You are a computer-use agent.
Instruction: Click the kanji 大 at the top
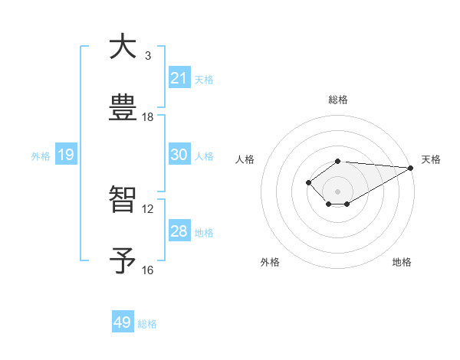pos(123,47)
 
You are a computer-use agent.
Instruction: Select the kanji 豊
pos(123,108)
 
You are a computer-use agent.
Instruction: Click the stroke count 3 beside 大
pos(147,56)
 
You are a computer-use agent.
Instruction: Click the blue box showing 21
pos(179,78)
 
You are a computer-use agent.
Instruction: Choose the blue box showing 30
pos(179,155)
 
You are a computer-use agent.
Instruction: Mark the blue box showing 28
pos(179,231)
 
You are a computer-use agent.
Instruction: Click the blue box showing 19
pos(66,155)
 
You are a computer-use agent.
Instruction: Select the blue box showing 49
pos(123,322)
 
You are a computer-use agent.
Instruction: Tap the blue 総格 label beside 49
pos(147,324)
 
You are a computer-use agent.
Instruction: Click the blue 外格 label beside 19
pos(41,156)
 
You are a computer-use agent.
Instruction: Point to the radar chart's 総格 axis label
pos(337,100)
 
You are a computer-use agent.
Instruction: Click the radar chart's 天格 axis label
pos(431,159)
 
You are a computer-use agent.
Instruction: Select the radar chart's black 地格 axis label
pos(402,263)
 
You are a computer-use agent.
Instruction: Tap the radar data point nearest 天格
pos(411,168)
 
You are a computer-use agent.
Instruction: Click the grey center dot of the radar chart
pos(337,191)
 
